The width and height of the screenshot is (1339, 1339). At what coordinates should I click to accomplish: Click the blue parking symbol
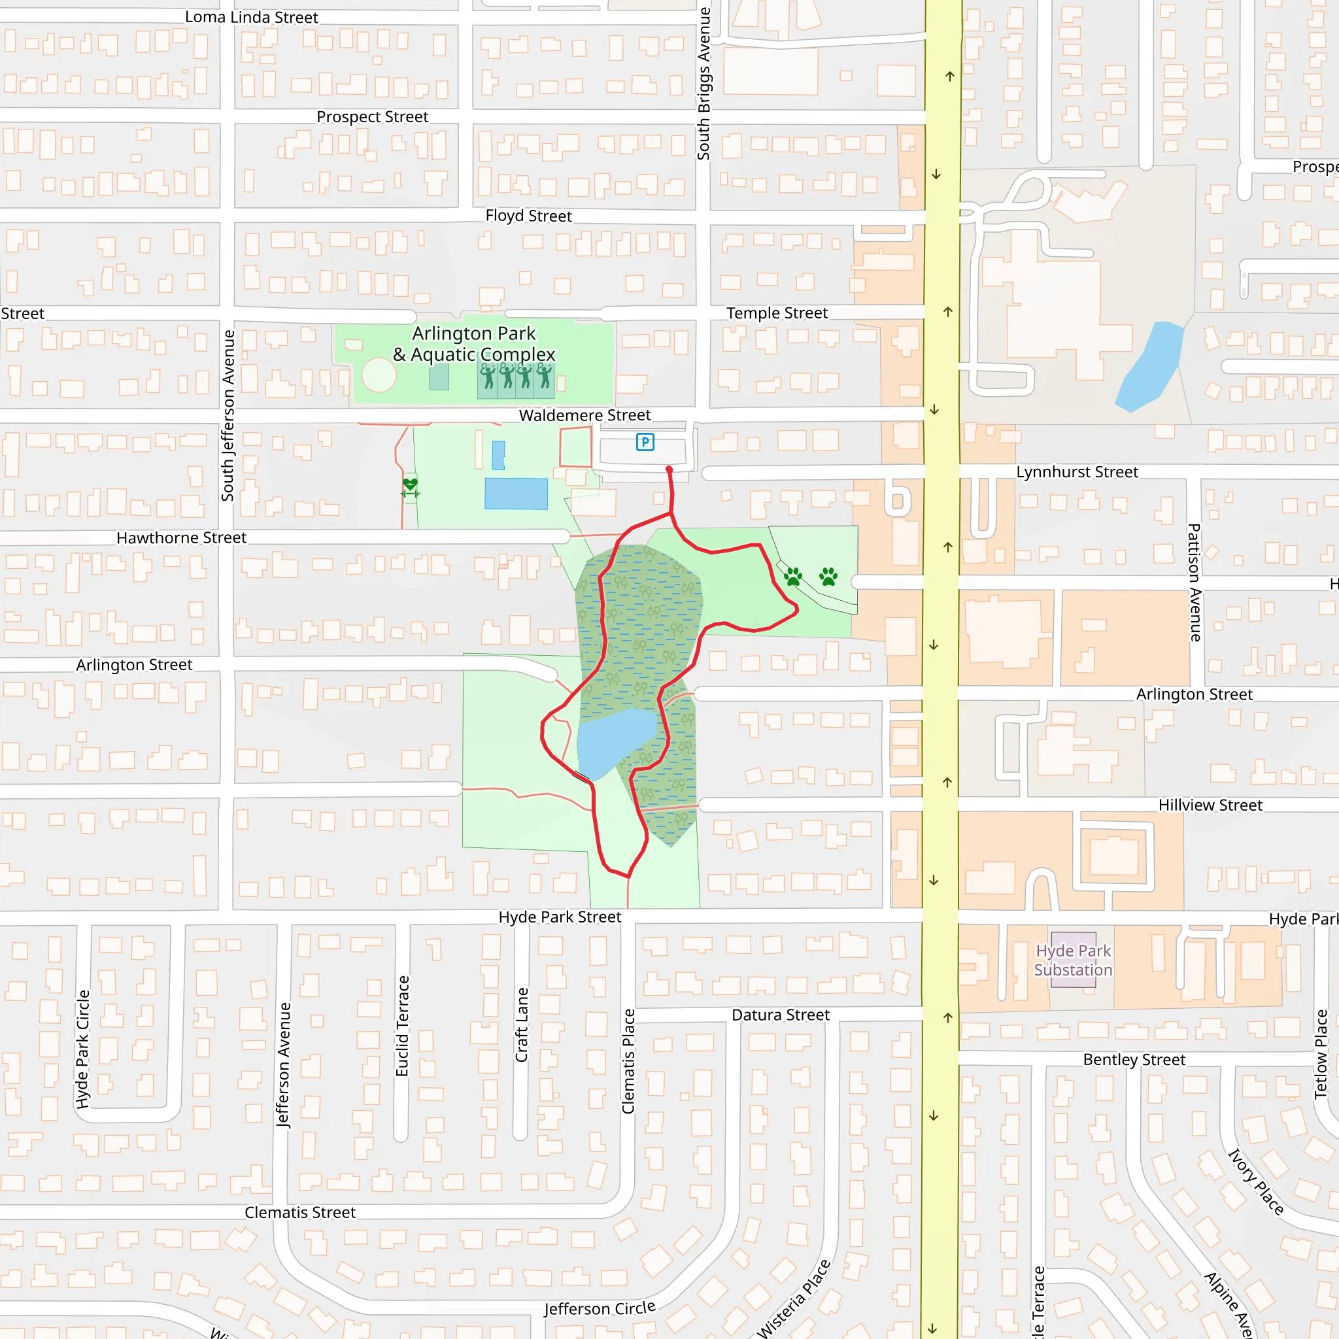(645, 441)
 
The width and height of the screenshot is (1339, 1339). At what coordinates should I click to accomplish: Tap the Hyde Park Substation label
(1073, 960)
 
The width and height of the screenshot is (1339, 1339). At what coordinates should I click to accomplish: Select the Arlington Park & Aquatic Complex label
(474, 344)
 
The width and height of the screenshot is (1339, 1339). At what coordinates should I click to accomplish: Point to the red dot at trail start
(669, 470)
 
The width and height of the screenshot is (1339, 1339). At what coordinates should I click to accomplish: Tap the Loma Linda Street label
(252, 18)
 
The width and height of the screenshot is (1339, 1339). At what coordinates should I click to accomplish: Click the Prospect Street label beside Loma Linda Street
(372, 116)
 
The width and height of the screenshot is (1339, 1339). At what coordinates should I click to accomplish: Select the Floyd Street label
(528, 216)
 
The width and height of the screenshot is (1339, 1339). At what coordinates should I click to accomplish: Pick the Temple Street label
(777, 313)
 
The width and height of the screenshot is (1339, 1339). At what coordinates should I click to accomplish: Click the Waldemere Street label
(585, 415)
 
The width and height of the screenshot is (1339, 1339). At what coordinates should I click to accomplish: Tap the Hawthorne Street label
(181, 538)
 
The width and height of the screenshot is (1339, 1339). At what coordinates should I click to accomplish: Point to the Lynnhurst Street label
(1077, 472)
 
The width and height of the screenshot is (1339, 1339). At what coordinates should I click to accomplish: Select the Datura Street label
(781, 1015)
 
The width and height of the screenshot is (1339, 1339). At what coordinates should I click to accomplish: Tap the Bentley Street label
(1134, 1060)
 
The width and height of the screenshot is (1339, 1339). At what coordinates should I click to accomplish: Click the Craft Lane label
(521, 1025)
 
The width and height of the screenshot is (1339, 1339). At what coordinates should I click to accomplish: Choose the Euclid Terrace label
(402, 1026)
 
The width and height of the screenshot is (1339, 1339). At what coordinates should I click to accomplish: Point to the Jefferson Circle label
(600, 1308)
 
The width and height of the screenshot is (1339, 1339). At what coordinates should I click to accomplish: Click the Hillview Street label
(1210, 805)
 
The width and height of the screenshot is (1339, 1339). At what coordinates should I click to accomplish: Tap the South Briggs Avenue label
(703, 83)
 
